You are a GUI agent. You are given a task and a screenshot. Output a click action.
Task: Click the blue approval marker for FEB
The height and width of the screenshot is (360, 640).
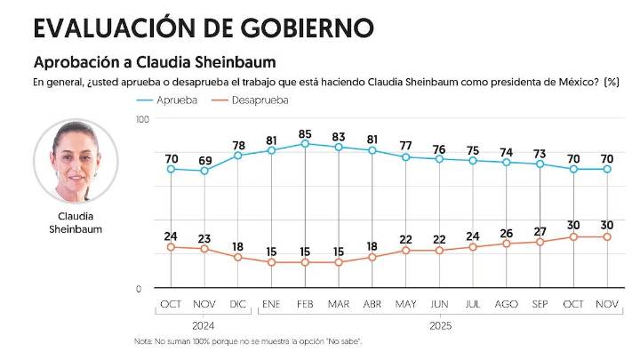(x=305, y=144)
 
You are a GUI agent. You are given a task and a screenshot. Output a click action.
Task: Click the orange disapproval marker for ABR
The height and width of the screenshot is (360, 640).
(x=372, y=258)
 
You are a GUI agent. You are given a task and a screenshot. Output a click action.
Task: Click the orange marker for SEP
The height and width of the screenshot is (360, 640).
(x=540, y=242)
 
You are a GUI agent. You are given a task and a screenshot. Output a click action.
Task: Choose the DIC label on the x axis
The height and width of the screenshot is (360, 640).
(x=237, y=305)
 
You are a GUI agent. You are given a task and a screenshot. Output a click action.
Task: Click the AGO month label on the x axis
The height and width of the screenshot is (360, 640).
(x=507, y=305)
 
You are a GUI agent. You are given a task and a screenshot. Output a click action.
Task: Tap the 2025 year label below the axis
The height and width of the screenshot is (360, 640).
(x=439, y=326)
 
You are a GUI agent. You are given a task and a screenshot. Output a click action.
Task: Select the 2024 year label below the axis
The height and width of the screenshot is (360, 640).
(x=204, y=326)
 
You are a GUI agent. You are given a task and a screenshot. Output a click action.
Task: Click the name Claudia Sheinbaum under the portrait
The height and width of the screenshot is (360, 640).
(x=76, y=222)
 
